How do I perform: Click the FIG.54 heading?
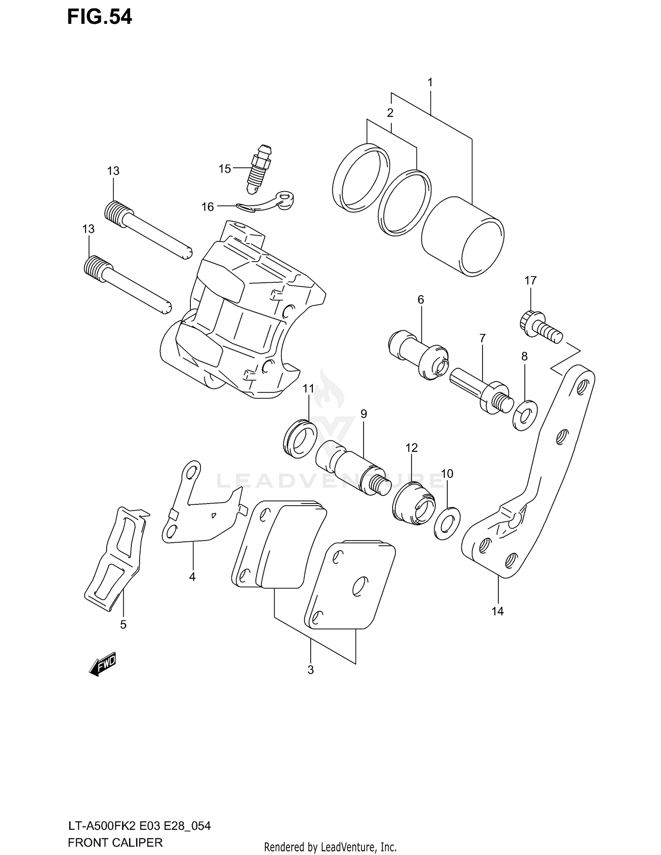tap(99, 17)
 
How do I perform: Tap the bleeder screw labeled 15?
tap(258, 170)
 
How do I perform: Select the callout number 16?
tap(208, 207)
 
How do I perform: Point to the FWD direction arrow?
tap(102, 664)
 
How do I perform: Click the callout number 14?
tap(498, 611)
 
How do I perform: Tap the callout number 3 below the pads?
tap(311, 670)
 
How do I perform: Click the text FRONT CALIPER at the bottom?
tap(115, 842)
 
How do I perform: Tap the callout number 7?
tap(483, 338)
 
